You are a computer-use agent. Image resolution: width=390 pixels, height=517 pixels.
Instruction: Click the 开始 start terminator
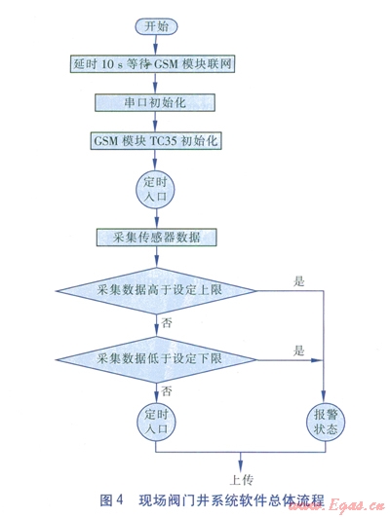coord(156,26)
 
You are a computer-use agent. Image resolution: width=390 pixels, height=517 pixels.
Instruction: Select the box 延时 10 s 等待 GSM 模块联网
coord(152,63)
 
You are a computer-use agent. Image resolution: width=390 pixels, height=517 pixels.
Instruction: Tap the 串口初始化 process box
coord(155,102)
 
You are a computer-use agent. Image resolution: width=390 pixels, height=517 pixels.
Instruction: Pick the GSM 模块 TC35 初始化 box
coord(156,141)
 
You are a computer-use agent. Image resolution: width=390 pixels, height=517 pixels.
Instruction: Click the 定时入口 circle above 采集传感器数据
coord(156,189)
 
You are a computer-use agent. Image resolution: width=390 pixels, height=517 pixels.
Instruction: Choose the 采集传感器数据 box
coord(157,237)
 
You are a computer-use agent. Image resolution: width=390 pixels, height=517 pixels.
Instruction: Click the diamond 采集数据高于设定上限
coord(157,290)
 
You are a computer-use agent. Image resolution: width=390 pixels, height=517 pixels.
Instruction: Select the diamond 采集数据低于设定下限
coord(157,359)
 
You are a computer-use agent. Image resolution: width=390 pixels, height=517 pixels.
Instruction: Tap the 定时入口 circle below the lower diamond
coord(157,423)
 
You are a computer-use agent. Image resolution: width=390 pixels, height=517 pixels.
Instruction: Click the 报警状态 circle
coord(326,423)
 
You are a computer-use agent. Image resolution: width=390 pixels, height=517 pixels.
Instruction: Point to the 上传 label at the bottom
coord(242,480)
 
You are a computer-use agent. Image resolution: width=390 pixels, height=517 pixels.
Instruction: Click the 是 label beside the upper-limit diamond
coord(299,281)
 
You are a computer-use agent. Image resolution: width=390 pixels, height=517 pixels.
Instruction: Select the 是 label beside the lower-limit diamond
coord(299,351)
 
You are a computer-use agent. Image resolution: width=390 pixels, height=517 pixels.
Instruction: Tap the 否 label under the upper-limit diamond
coord(167,322)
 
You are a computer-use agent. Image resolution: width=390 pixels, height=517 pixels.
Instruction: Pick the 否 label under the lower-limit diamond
coord(167,391)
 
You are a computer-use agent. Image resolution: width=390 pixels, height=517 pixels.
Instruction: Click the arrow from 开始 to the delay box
coord(156,45)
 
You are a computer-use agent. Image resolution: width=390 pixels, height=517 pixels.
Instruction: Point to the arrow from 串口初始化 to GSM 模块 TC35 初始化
coord(155,122)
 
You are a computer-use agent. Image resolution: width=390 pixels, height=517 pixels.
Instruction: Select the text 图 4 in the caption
coord(111,500)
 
